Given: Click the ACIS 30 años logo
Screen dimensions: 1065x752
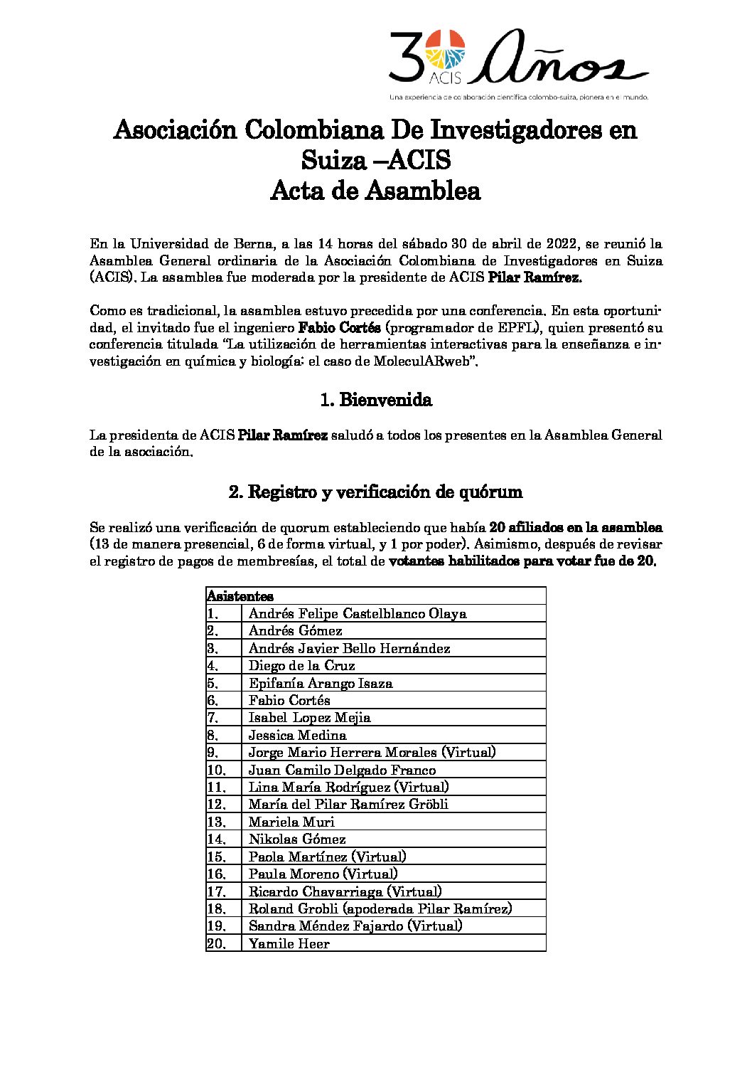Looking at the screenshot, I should tap(518, 64).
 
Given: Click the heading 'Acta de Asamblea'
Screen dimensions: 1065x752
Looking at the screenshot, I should tap(375, 191).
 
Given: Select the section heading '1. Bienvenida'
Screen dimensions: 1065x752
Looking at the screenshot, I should tap(376, 400).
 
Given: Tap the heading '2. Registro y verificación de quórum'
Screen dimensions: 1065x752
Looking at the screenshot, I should tap(375, 492).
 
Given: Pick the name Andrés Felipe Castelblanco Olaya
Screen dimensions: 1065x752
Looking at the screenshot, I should tap(358, 613).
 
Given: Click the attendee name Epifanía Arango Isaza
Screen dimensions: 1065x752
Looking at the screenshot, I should tap(321, 683).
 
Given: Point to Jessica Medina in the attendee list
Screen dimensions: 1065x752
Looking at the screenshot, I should tap(297, 735).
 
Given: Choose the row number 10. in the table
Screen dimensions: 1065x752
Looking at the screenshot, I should tap(216, 770).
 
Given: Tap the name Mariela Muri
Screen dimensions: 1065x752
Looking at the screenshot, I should tap(291, 822).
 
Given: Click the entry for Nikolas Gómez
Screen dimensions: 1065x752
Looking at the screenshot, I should tap(297, 839).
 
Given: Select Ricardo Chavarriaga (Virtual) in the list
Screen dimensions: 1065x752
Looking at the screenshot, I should tap(345, 891).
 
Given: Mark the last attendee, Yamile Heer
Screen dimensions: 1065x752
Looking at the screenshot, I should tap(289, 943).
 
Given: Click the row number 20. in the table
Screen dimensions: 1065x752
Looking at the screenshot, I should tap(216, 943).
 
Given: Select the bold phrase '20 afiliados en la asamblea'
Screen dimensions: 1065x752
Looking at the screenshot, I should tap(576, 528).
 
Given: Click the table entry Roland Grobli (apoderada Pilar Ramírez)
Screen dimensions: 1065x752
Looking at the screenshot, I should tap(380, 908).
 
